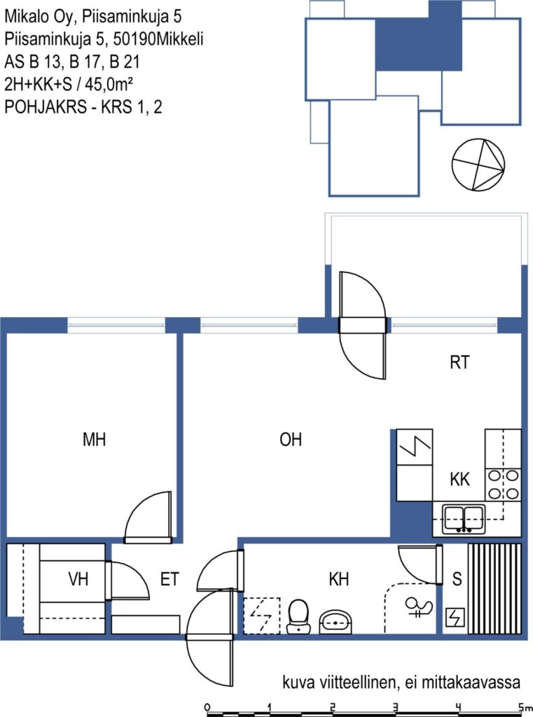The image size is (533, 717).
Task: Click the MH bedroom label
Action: pyautogui.click(x=95, y=440)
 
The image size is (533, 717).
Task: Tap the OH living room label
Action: pyautogui.click(x=291, y=440)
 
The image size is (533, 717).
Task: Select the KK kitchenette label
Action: pyautogui.click(x=459, y=479)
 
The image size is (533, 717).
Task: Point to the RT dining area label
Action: pyautogui.click(x=459, y=362)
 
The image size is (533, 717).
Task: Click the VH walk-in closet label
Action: pyautogui.click(x=78, y=579)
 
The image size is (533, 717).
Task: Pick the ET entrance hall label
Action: pyautogui.click(x=169, y=579)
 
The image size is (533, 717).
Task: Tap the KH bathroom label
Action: pyautogui.click(x=339, y=579)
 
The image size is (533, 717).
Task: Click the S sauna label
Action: pyautogui.click(x=457, y=579)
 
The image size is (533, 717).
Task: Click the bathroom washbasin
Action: pyautogui.click(x=335, y=622)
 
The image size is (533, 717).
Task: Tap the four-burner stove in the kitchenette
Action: pyautogui.click(x=504, y=485)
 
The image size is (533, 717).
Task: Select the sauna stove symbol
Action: pyautogui.click(x=455, y=618)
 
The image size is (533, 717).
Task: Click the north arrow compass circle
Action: pyautogui.click(x=478, y=165)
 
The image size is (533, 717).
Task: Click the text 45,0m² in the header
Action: pyautogui.click(x=109, y=84)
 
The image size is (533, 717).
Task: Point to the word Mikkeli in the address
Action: pyautogui.click(x=179, y=39)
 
